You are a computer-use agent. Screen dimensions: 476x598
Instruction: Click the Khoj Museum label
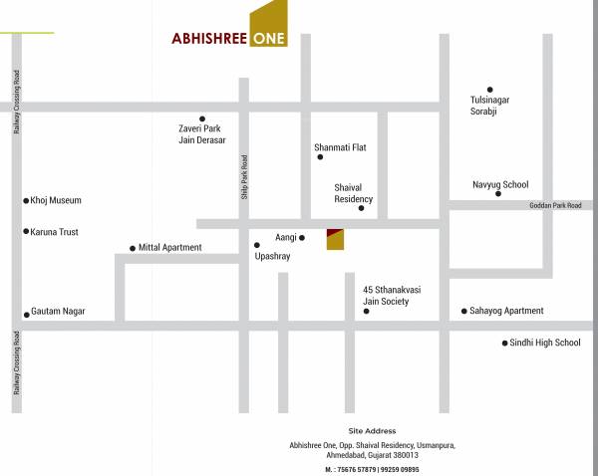tap(56, 200)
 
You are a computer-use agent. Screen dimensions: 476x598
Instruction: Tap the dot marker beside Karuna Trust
tap(26, 232)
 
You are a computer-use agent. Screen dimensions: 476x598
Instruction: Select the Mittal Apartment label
tap(169, 247)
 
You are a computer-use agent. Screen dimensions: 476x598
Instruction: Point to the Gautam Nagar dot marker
tap(26, 314)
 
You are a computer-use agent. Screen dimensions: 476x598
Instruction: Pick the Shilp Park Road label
tap(244, 177)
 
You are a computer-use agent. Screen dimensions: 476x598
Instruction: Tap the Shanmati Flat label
tap(340, 147)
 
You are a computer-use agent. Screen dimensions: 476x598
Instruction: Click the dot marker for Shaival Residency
tap(361, 208)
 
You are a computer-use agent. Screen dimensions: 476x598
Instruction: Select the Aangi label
tap(284, 239)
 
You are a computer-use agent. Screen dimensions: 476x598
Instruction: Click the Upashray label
tap(272, 256)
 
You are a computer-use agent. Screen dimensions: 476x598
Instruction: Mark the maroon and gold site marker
tap(336, 239)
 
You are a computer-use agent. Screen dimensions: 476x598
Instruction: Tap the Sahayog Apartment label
tap(507, 311)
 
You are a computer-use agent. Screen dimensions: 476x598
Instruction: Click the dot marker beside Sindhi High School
tap(504, 344)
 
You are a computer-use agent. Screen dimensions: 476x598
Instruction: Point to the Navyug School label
tap(500, 184)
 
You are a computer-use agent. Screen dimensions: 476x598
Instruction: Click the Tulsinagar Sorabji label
tap(489, 105)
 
